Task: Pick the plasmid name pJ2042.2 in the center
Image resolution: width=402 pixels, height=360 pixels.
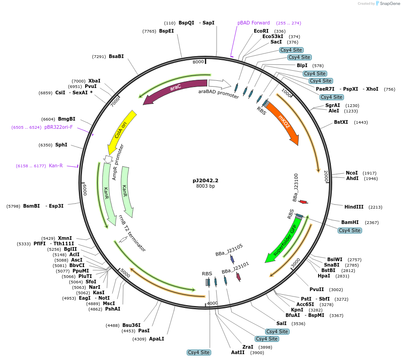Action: (205, 180)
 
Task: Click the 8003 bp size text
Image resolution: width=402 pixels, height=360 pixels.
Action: (205, 186)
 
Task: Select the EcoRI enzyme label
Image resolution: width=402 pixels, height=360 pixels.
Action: (261, 31)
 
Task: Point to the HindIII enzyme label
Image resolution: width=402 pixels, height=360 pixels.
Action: (354, 207)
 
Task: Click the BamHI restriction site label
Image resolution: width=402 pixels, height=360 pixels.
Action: (350, 222)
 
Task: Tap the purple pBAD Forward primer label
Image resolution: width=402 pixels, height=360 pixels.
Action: (253, 23)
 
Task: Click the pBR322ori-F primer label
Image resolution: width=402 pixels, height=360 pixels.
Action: (58, 127)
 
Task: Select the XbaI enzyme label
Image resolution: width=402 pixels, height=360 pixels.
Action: (94, 81)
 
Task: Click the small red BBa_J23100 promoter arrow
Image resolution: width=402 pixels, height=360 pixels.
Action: (303, 202)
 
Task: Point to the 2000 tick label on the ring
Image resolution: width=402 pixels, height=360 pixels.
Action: (326, 177)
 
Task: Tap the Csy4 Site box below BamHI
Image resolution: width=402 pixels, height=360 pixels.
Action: (350, 230)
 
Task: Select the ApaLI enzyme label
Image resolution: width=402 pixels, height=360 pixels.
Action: (156, 339)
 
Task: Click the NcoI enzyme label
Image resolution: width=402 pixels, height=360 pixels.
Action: (352, 173)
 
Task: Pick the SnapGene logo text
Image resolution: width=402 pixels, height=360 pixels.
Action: (390, 4)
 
